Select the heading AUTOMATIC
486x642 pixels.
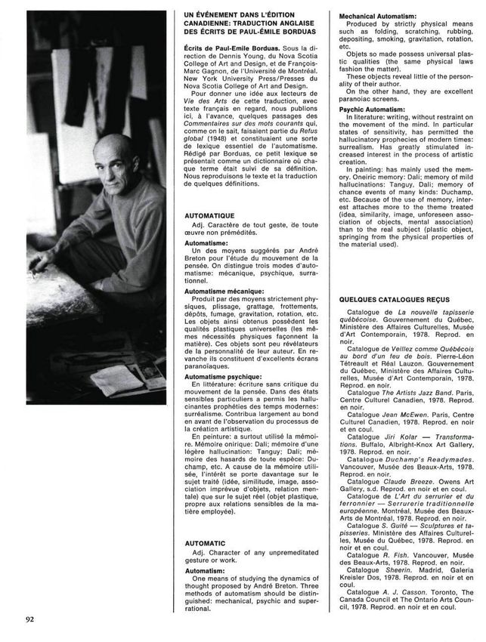(206, 543)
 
